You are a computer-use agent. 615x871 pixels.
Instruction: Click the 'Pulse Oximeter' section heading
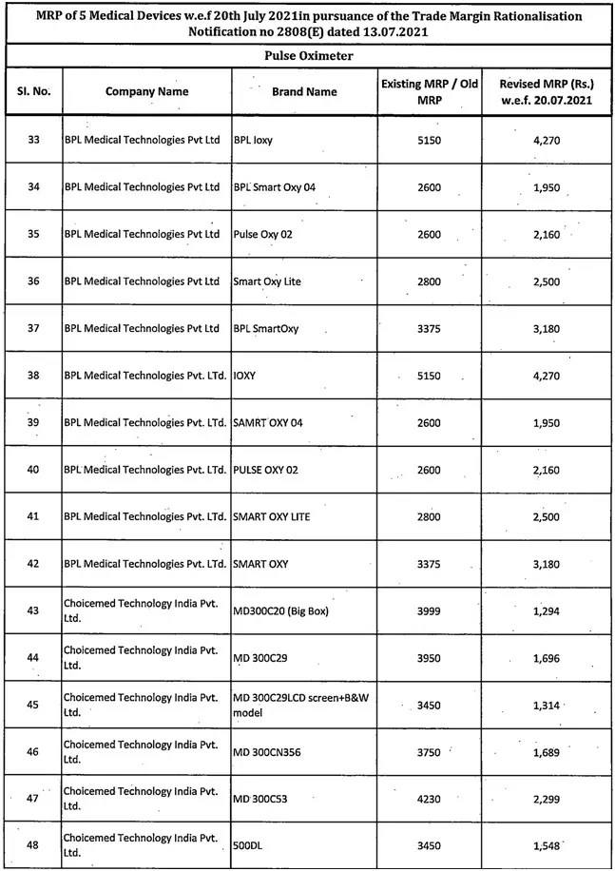pyautogui.click(x=307, y=56)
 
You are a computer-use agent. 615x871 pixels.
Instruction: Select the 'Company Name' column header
pyautogui.click(x=146, y=92)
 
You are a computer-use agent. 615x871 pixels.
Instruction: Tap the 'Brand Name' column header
pyautogui.click(x=304, y=92)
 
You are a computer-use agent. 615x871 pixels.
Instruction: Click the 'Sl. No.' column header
pyautogui.click(x=33, y=92)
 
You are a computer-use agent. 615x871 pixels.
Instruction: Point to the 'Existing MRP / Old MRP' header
pyautogui.click(x=429, y=92)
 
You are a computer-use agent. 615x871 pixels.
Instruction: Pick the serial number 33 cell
pyautogui.click(x=34, y=140)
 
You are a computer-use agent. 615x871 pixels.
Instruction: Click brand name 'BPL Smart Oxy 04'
pyautogui.click(x=267, y=187)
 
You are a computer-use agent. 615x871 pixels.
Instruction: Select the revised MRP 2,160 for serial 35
pyautogui.click(x=546, y=234)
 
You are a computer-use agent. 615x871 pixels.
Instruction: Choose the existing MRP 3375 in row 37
pyautogui.click(x=429, y=329)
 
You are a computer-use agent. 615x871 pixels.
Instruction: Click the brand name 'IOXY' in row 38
pyautogui.click(x=244, y=376)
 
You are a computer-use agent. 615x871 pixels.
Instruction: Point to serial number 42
pyautogui.click(x=34, y=564)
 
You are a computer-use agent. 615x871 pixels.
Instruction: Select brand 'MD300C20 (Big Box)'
pyautogui.click(x=280, y=610)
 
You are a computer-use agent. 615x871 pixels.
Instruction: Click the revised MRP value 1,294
pyautogui.click(x=546, y=610)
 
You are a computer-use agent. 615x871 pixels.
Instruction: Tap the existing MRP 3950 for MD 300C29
pyautogui.click(x=429, y=657)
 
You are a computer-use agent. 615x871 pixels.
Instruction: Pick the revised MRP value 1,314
pyautogui.click(x=546, y=705)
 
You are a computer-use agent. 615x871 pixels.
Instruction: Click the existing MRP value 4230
pyautogui.click(x=429, y=799)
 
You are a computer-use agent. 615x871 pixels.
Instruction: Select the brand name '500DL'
pyautogui.click(x=247, y=845)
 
